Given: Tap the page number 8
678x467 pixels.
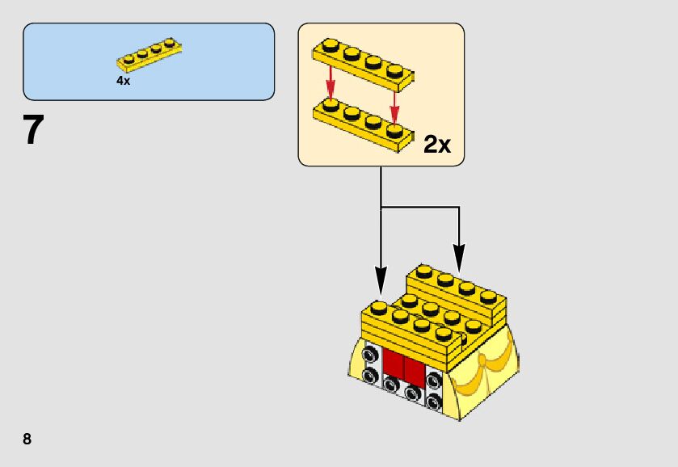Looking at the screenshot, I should coord(27,440).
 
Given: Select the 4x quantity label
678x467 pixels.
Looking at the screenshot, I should coord(123,81).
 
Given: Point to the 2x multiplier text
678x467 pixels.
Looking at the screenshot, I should coord(437,145).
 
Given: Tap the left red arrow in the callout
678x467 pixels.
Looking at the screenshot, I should coord(330,81).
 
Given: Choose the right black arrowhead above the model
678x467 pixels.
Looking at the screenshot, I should coord(459,263).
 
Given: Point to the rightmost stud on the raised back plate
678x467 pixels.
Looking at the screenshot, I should coord(487,296).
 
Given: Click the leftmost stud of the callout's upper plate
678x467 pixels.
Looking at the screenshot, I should coord(330,44).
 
